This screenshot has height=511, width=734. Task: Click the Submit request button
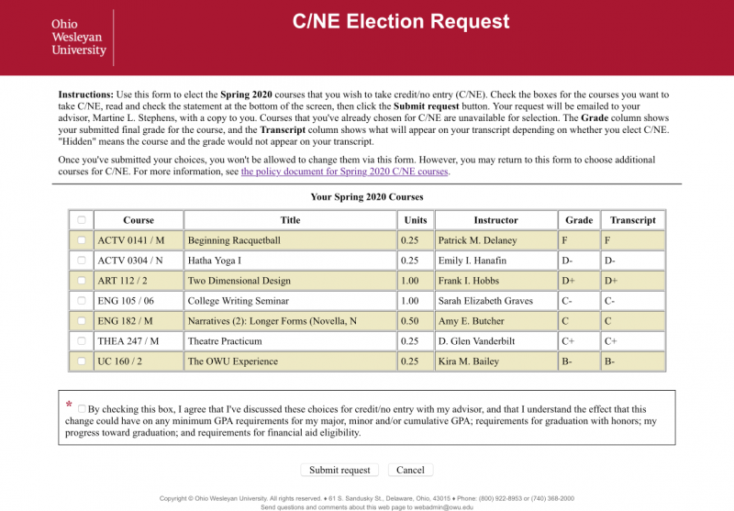tap(339, 470)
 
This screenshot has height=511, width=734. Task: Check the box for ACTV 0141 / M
tap(82, 240)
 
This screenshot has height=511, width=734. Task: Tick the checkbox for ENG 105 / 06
tap(82, 301)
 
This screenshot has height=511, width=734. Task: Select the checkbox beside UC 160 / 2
tap(82, 361)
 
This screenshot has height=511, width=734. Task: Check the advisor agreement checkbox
tap(83, 409)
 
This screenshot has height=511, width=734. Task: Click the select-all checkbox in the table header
tap(82, 220)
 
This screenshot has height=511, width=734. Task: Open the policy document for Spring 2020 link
tap(345, 172)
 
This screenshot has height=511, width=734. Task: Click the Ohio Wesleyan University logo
tap(79, 38)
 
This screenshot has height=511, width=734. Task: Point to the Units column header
tap(416, 220)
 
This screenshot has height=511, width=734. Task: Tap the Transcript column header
tap(633, 220)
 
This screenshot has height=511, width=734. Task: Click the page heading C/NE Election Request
tap(401, 21)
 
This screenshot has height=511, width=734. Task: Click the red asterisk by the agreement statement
tap(69, 405)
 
